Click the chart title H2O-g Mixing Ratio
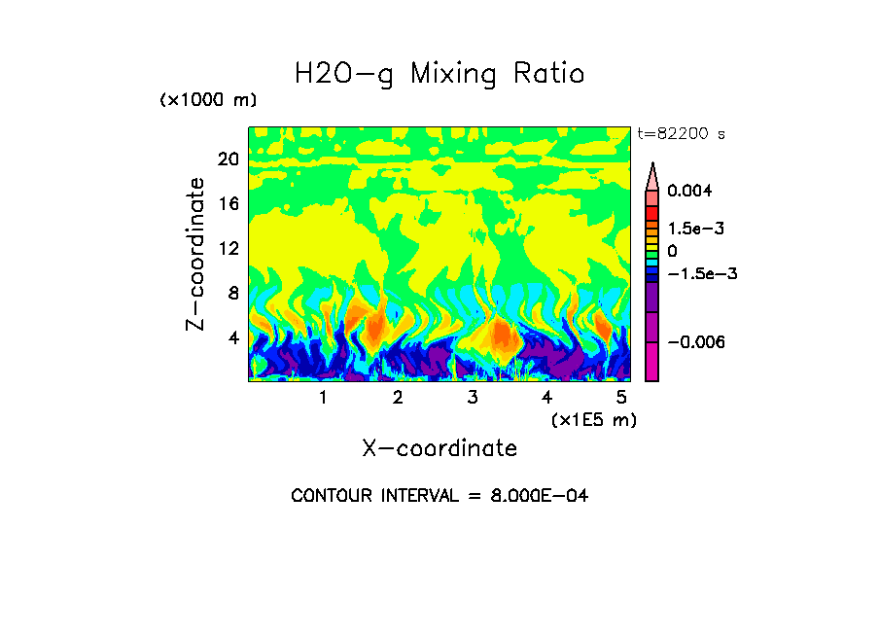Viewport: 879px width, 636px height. (439, 74)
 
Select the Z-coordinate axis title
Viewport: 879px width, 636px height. (196, 254)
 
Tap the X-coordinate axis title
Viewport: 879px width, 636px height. (439, 448)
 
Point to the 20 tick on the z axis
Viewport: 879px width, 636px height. (229, 159)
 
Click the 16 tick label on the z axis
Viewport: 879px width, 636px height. (229, 203)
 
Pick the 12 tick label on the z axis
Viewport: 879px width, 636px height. (229, 248)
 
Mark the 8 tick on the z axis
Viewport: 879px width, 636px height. (233, 293)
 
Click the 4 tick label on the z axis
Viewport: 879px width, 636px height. (233, 337)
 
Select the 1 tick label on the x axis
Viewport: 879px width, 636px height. (323, 398)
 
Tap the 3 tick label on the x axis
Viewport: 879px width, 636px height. (473, 398)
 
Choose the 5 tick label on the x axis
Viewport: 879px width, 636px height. (620, 398)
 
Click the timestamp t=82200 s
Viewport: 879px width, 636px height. (681, 133)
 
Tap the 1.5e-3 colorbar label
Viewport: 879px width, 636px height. (695, 229)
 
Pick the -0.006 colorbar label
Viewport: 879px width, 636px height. (696, 341)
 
